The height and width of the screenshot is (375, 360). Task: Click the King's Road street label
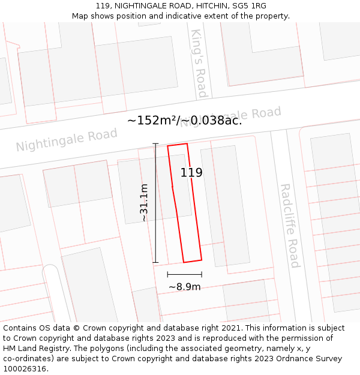pyautogui.click(x=199, y=63)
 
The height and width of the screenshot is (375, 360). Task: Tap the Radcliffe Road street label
pyautogui.click(x=289, y=225)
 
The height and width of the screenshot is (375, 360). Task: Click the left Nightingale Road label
pyautogui.click(x=67, y=140)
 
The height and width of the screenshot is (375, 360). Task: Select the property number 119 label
pyautogui.click(x=191, y=173)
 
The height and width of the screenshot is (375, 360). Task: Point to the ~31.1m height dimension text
pyautogui.click(x=144, y=203)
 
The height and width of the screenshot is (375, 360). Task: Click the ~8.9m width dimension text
pyautogui.click(x=184, y=287)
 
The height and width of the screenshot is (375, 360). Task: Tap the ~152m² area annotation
pyautogui.click(x=152, y=121)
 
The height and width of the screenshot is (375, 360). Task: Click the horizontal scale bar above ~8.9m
pyautogui.click(x=184, y=274)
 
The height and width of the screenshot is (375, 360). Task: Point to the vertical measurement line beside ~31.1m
pyautogui.click(x=155, y=203)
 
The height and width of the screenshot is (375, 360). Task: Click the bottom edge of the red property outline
pyautogui.click(x=193, y=261)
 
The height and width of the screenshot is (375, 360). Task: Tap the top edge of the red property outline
pyautogui.click(x=177, y=145)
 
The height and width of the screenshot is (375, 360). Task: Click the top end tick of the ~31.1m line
pyautogui.click(x=155, y=144)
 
